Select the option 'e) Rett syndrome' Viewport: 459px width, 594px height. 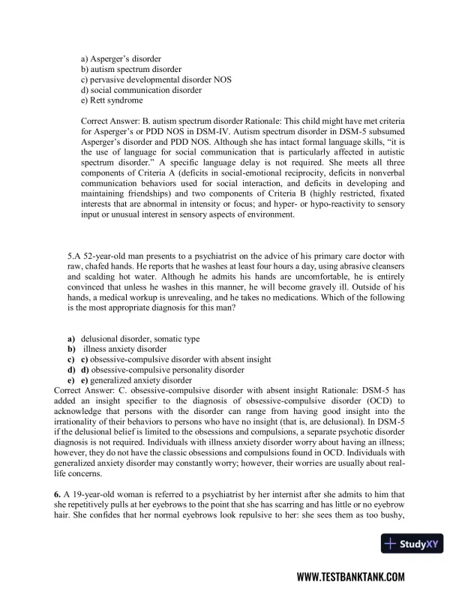tap(112, 100)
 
